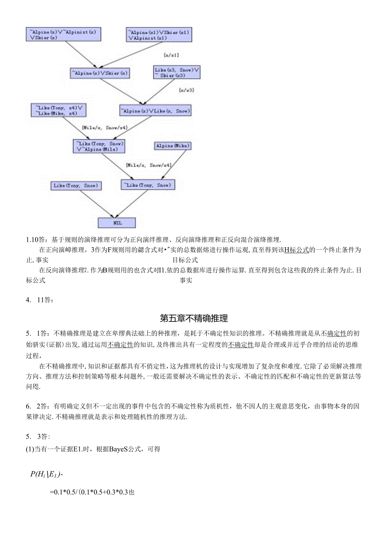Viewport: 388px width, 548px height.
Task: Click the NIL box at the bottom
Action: [x=116, y=222]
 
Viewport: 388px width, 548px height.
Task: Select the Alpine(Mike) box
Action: [x=173, y=146]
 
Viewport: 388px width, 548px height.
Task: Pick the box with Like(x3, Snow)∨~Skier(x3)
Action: [x=177, y=72]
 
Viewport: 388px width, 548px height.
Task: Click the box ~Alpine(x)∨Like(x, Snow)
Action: [x=156, y=111]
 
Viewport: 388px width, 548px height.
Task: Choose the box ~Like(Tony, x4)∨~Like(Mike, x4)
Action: [x=58, y=110]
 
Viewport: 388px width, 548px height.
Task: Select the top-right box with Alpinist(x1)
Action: [x=159, y=35]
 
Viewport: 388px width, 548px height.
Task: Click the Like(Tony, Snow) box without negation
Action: [x=76, y=185]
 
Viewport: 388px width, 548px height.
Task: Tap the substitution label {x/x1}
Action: [x=171, y=55]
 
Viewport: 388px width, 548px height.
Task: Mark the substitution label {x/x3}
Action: [x=186, y=90]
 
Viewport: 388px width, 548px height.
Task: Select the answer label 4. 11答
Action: [x=40, y=300]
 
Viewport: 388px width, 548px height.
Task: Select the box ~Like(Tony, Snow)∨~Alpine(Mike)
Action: [x=99, y=146]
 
